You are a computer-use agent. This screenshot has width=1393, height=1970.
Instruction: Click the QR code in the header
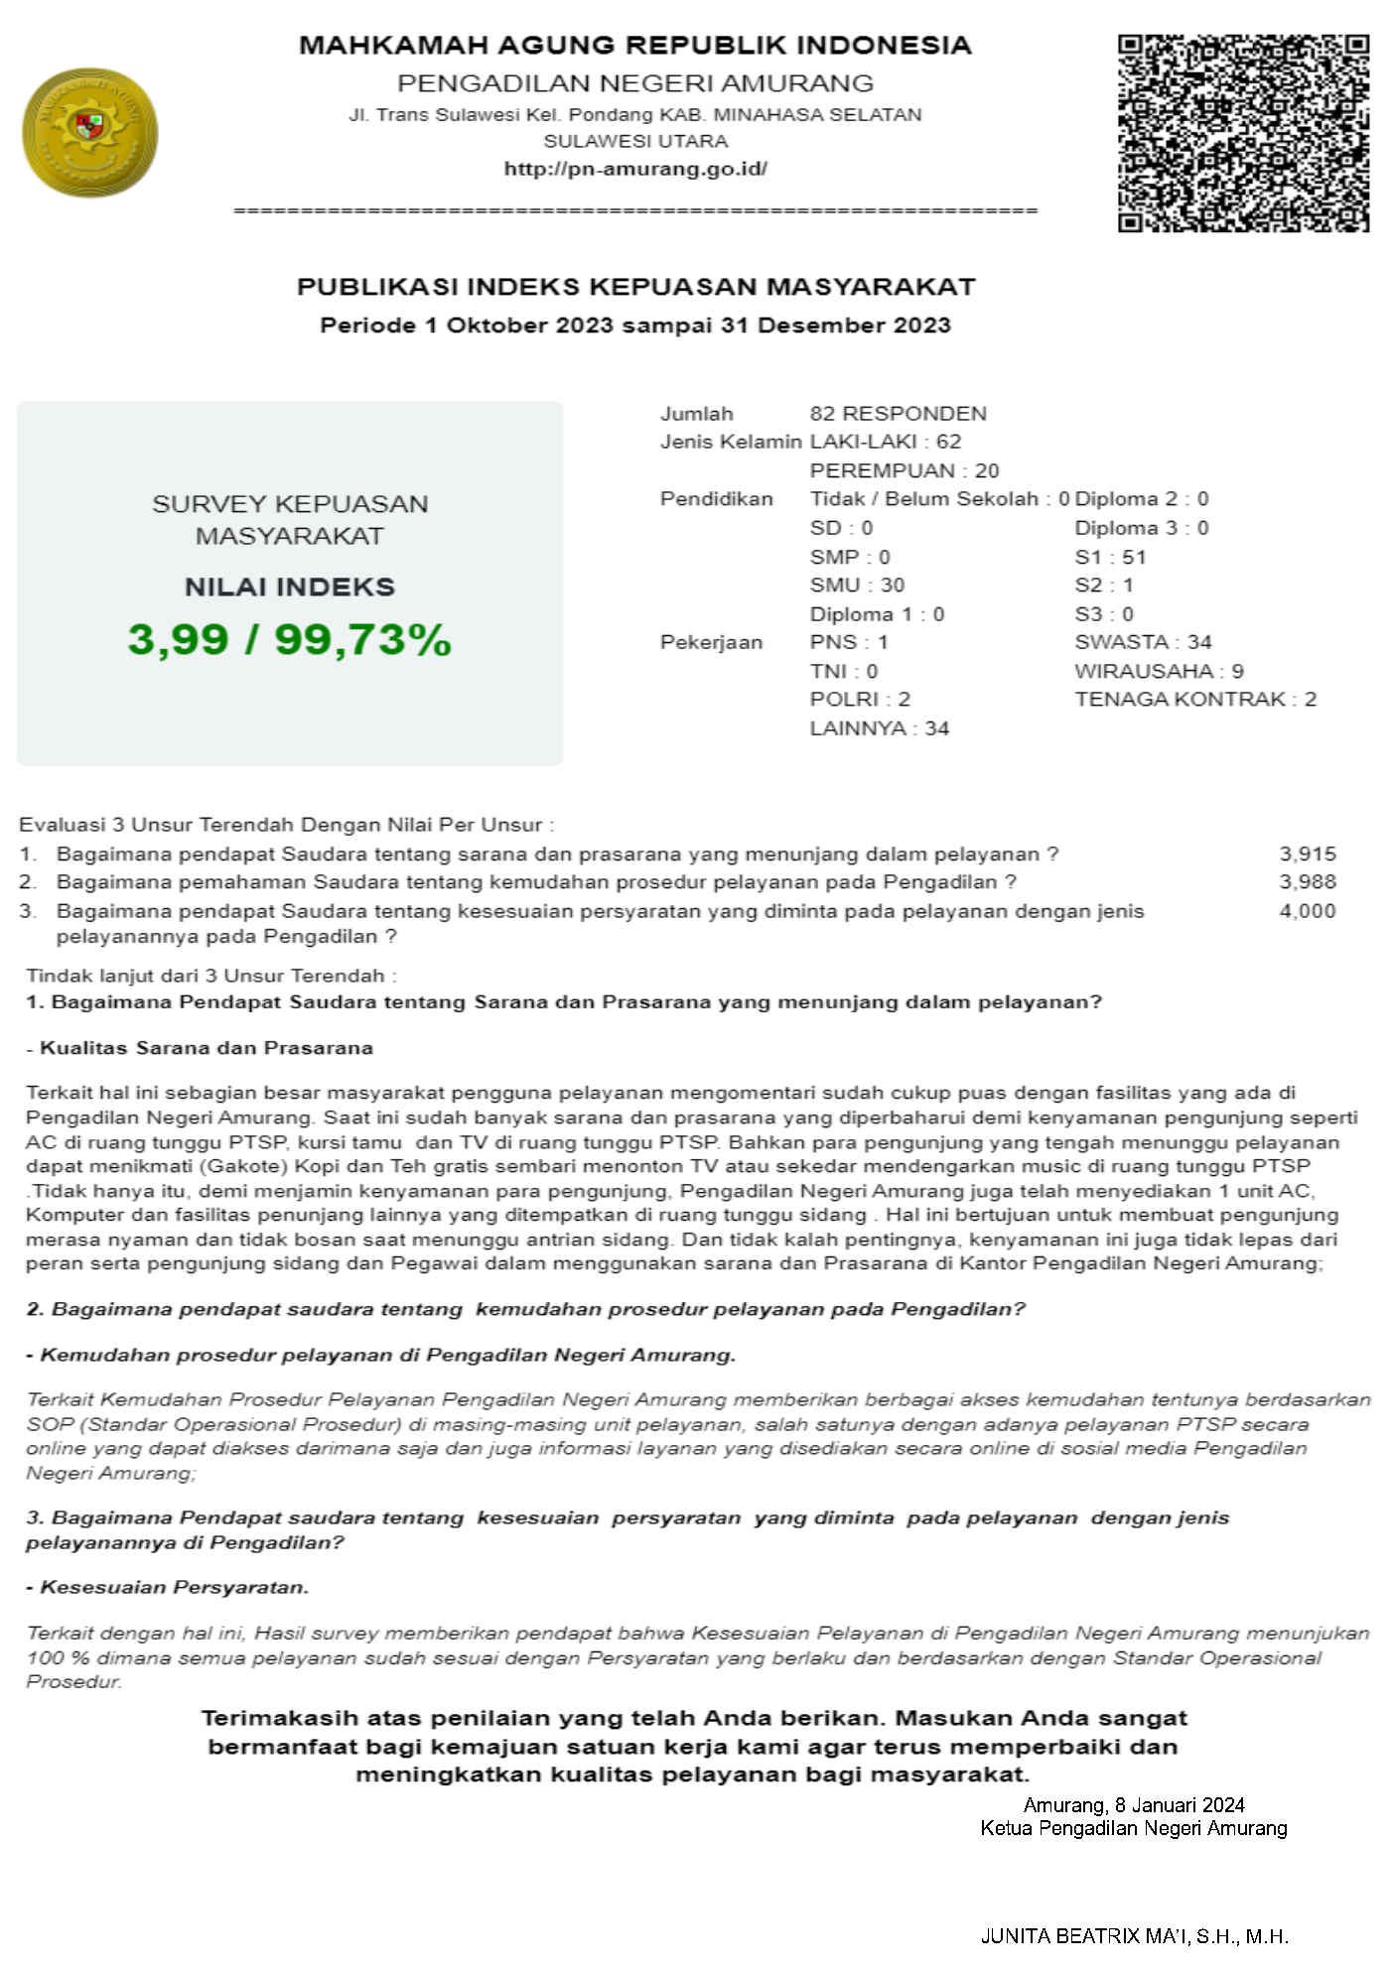(x=1243, y=133)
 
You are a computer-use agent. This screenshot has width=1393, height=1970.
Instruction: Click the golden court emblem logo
(x=90, y=133)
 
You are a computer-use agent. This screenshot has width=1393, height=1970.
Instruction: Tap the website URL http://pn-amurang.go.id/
(x=635, y=169)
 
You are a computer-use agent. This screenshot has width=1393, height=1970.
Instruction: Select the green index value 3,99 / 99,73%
(x=289, y=640)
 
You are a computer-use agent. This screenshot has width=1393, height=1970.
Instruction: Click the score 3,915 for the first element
(x=1307, y=854)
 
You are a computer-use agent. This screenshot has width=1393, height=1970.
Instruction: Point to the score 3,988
(x=1307, y=881)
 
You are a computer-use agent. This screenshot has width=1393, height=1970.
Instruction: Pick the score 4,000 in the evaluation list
(x=1307, y=910)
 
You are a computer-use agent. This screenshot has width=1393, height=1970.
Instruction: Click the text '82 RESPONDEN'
(x=898, y=414)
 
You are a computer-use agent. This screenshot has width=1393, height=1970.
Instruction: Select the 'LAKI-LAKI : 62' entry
(x=885, y=442)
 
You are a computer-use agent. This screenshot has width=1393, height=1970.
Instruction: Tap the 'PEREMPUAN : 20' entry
(x=904, y=470)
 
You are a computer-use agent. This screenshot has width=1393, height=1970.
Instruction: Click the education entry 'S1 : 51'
(x=1110, y=557)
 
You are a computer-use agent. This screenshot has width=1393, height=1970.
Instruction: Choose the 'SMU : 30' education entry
(x=857, y=585)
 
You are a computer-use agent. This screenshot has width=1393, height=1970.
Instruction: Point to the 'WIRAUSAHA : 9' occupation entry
(x=1159, y=671)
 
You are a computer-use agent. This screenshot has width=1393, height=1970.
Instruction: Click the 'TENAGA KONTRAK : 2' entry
(x=1194, y=699)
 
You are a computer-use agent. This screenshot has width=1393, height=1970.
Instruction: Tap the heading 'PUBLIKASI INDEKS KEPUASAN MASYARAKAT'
(x=635, y=287)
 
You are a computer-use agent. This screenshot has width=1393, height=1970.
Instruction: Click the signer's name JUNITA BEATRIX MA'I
(x=1134, y=1935)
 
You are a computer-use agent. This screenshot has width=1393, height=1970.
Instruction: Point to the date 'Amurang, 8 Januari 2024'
(x=1134, y=1804)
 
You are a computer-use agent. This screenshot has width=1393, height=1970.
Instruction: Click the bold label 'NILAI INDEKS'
(x=289, y=587)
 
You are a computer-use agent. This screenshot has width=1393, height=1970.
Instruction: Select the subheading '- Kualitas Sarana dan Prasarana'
(x=200, y=1047)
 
